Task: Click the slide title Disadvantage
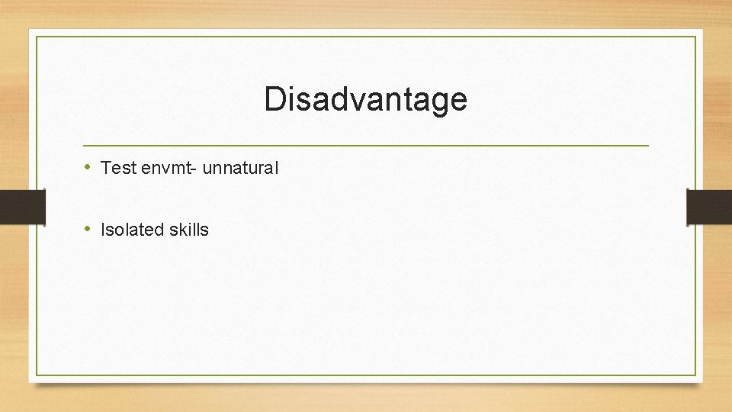click(x=365, y=100)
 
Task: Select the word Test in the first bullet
click(x=118, y=168)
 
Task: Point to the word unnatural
click(x=240, y=168)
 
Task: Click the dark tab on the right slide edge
click(x=708, y=207)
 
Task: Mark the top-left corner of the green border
click(x=37, y=37)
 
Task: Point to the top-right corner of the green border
click(x=695, y=37)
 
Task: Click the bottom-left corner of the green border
click(x=37, y=375)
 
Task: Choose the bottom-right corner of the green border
click(x=695, y=375)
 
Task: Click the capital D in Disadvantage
click(x=274, y=100)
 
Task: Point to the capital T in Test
click(x=105, y=168)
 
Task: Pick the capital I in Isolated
click(x=103, y=230)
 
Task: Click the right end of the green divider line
click(x=647, y=145)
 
